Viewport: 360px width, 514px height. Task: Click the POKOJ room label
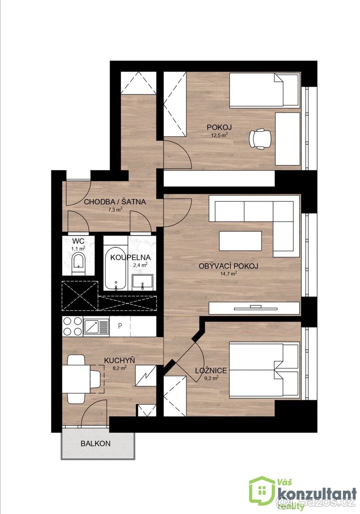[219, 127]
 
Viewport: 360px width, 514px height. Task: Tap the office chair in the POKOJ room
[260, 139]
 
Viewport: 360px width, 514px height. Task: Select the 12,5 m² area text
[219, 134]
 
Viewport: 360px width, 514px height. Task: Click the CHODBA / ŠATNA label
[115, 202]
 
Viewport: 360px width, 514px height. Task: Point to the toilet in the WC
[78, 263]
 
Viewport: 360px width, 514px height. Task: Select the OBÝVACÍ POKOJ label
[228, 266]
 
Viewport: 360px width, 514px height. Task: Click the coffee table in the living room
[240, 241]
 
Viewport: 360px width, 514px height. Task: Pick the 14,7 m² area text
[229, 274]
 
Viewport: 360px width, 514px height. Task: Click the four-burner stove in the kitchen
[72, 326]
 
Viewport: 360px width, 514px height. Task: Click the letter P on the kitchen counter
[120, 326]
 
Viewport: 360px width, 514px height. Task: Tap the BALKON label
[95, 444]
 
